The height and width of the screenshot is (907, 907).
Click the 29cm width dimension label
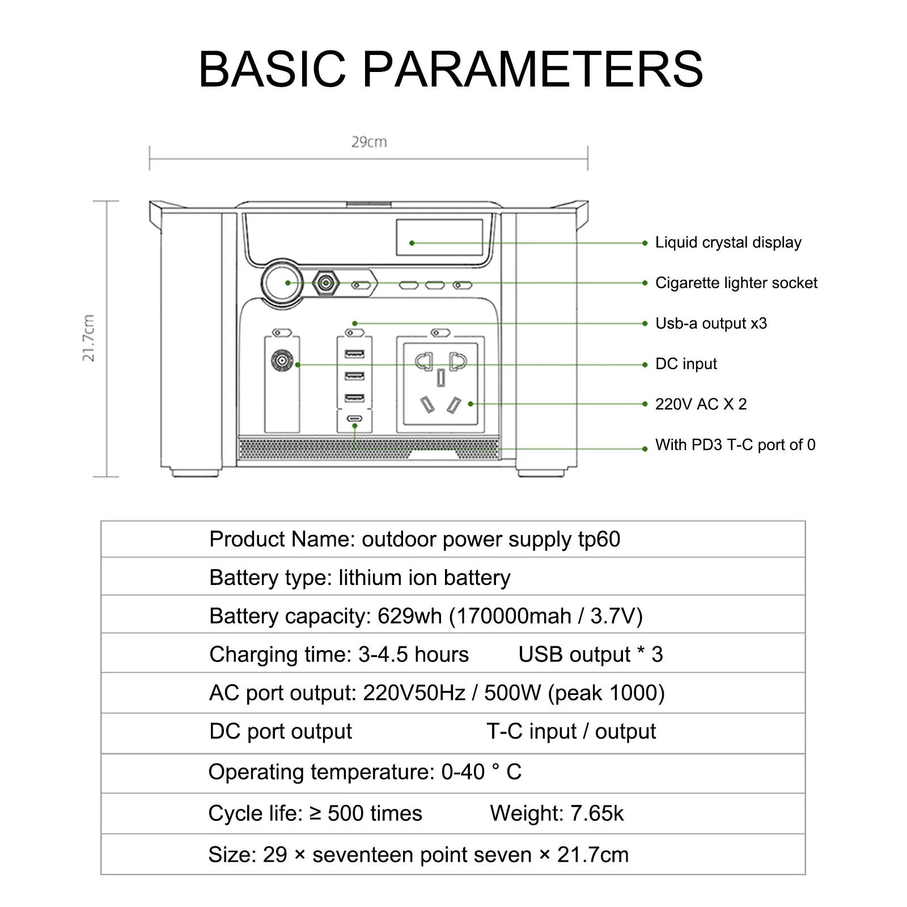(369, 142)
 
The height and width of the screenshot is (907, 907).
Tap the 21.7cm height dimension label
(88, 338)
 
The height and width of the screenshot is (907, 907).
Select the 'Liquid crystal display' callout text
(728, 243)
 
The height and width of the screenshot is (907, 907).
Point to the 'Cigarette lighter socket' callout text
(736, 283)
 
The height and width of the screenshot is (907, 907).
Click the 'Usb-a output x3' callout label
(711, 324)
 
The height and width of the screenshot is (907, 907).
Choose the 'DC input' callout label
(686, 364)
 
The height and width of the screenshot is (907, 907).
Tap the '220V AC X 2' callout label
(701, 404)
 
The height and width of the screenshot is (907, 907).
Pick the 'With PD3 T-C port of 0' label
(735, 445)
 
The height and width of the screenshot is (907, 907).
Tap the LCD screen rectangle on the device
(439, 238)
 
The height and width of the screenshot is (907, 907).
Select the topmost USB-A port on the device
(354, 355)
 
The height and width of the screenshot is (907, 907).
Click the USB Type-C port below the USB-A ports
(354, 419)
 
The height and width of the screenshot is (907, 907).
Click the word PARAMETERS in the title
(532, 69)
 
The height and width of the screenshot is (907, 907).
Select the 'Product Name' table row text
(414, 539)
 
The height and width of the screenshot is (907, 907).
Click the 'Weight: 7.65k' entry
(557, 813)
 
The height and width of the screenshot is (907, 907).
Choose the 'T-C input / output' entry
(571, 732)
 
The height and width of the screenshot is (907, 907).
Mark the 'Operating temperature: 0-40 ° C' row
(365, 772)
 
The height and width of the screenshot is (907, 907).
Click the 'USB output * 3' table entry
(590, 655)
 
